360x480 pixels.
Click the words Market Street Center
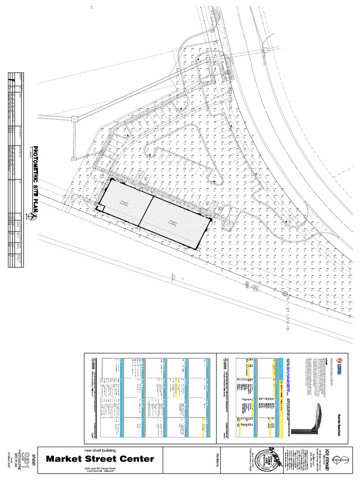(x=99, y=458)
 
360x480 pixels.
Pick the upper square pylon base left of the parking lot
(x=74, y=119)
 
